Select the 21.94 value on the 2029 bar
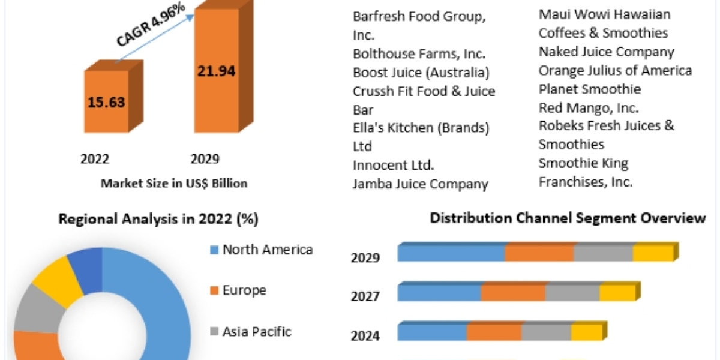[217, 71]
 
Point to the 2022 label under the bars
[95, 159]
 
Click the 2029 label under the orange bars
[205, 159]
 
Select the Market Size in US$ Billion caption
[174, 184]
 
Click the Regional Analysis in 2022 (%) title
[158, 220]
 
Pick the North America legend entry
[267, 250]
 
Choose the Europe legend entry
[244, 290]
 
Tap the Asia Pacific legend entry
[257, 331]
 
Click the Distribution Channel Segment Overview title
[568, 218]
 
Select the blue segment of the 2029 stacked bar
[451, 253]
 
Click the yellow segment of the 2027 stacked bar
[617, 293]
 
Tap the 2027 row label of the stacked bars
[365, 296]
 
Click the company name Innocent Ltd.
[393, 165]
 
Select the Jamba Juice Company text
[420, 184]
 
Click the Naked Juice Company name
[606, 52]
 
